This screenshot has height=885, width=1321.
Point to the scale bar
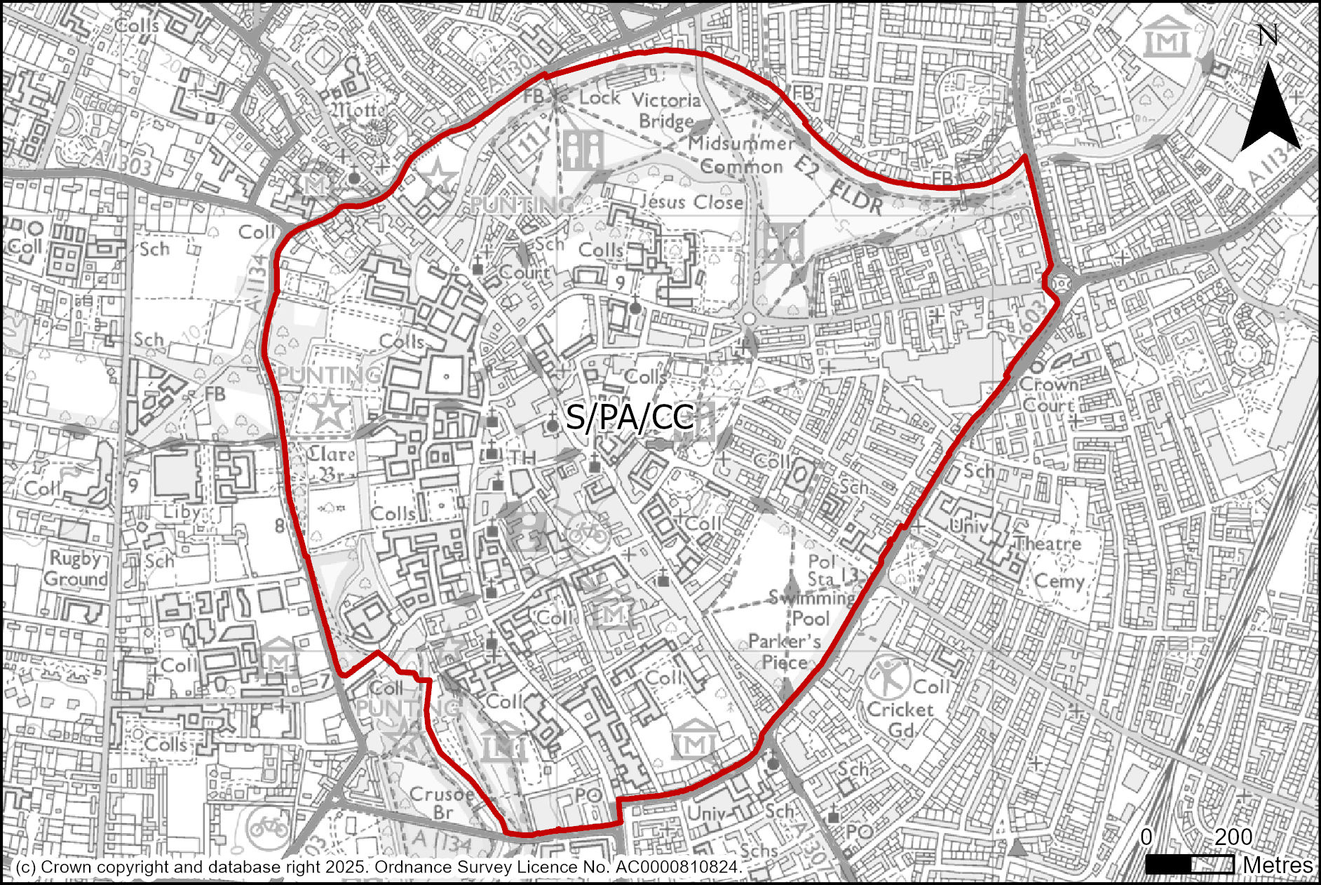[1190, 865]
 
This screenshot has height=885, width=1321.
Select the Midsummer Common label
[741, 155]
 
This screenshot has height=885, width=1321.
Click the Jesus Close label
[691, 202]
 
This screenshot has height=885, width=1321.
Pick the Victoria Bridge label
[666, 111]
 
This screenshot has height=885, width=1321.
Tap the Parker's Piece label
[785, 651]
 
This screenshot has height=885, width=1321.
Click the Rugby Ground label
[76, 569]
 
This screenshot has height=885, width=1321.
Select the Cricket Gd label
[900, 720]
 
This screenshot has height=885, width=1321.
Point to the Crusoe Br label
[442, 804]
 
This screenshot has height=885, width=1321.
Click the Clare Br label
[331, 464]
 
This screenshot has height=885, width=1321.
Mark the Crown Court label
[1049, 395]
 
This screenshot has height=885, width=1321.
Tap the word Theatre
[1048, 543]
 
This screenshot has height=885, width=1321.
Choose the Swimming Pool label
[811, 607]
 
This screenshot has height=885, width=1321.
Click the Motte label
[358, 110]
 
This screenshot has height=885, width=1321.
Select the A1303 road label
[118, 163]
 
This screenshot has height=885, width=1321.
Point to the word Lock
[599, 97]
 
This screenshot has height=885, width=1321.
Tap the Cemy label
[1059, 581]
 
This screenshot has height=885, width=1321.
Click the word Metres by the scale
[1278, 865]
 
